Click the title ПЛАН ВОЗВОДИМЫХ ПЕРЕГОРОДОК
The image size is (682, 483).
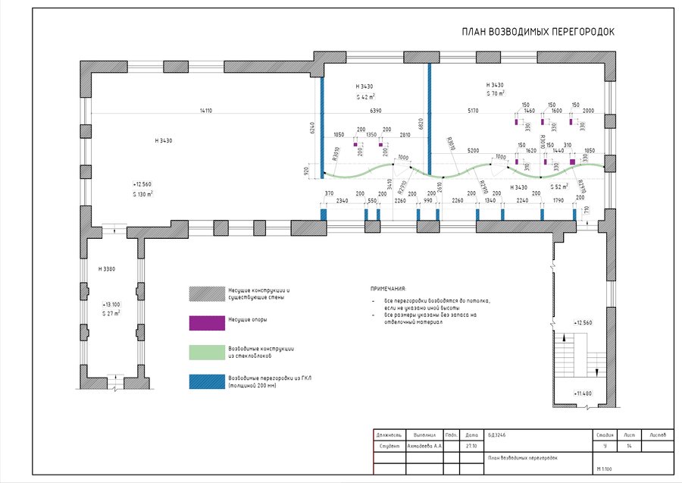tap(538, 33)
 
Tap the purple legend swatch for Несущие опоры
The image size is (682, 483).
tap(203, 323)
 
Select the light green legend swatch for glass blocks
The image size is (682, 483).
tap(203, 352)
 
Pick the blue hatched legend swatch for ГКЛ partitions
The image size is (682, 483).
tap(203, 381)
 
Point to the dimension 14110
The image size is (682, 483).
tap(205, 111)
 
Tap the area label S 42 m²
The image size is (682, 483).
tap(367, 97)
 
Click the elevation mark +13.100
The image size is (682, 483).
tap(111, 303)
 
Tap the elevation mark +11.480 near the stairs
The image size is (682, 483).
tap(582, 393)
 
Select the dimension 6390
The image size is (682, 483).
tap(375, 111)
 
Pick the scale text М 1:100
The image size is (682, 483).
tap(604, 470)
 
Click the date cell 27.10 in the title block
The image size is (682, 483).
tap(471, 447)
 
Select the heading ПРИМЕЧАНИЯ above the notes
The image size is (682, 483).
tap(388, 289)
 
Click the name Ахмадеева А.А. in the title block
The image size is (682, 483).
tap(424, 447)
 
